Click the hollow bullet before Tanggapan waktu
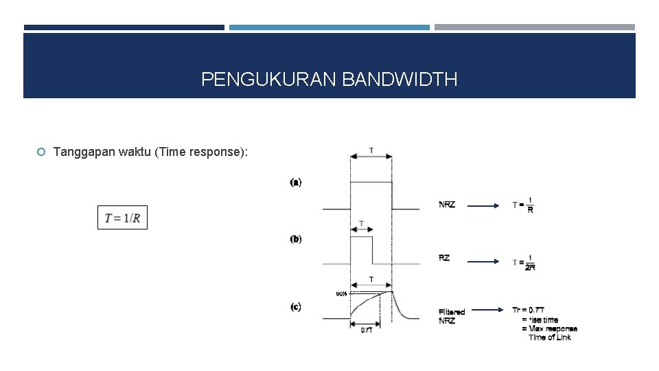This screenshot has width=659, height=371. click(x=42, y=152)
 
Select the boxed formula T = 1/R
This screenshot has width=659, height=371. click(x=122, y=218)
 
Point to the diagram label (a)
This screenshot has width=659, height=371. click(x=295, y=182)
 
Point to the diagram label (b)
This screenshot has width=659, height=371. click(x=295, y=239)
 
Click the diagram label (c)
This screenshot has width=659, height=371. click(x=295, y=306)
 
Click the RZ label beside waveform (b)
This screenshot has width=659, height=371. click(x=444, y=258)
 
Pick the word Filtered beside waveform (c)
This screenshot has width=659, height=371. click(x=451, y=311)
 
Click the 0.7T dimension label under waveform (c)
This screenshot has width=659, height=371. click(x=367, y=330)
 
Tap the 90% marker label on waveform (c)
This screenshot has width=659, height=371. click(x=340, y=293)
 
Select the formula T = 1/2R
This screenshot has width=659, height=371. click(x=524, y=262)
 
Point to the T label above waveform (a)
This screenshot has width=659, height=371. click(x=371, y=150)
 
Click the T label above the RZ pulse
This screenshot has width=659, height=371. click(x=361, y=224)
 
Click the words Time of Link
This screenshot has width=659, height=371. click(x=549, y=337)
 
